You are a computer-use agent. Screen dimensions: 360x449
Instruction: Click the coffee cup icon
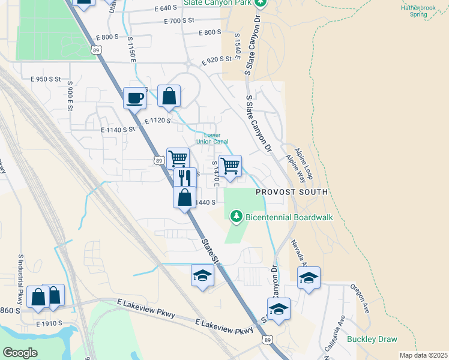134,97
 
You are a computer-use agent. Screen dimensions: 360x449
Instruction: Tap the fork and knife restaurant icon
184,178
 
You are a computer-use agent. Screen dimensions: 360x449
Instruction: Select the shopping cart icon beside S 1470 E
231,166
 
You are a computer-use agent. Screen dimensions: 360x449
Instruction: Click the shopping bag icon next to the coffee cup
169,96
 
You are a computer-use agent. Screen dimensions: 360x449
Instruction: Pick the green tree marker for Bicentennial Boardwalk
237,215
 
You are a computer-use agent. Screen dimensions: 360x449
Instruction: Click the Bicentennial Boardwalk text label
289,217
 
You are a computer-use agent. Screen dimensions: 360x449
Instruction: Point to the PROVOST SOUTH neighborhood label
292,192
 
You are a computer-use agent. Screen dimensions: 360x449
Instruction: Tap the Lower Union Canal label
212,139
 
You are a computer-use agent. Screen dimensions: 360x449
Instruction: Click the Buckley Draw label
372,339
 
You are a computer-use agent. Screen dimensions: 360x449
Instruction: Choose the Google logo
20,352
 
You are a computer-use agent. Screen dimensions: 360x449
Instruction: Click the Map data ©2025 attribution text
423,355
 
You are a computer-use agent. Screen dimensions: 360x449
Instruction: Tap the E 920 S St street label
217,59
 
